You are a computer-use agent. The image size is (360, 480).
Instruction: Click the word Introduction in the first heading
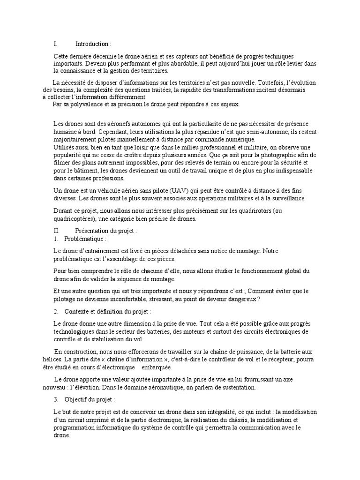tap(93, 44)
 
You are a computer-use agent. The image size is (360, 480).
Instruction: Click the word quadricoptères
tap(75, 219)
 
